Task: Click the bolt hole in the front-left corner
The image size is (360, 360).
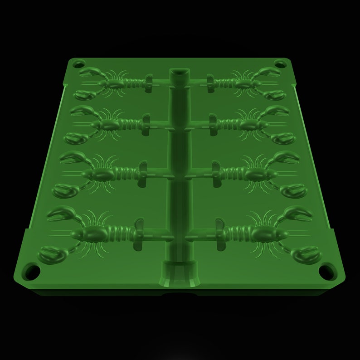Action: point(32,272)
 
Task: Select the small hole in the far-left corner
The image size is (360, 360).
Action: point(79,63)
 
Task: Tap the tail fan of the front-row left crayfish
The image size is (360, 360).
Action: point(139,235)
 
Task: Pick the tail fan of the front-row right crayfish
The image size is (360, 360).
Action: point(220,234)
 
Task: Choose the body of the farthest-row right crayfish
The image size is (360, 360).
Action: point(247,83)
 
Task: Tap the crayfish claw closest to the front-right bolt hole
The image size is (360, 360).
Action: point(306,255)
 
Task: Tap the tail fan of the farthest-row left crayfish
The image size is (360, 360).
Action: point(148,83)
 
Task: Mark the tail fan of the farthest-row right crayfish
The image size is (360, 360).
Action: point(210,82)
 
